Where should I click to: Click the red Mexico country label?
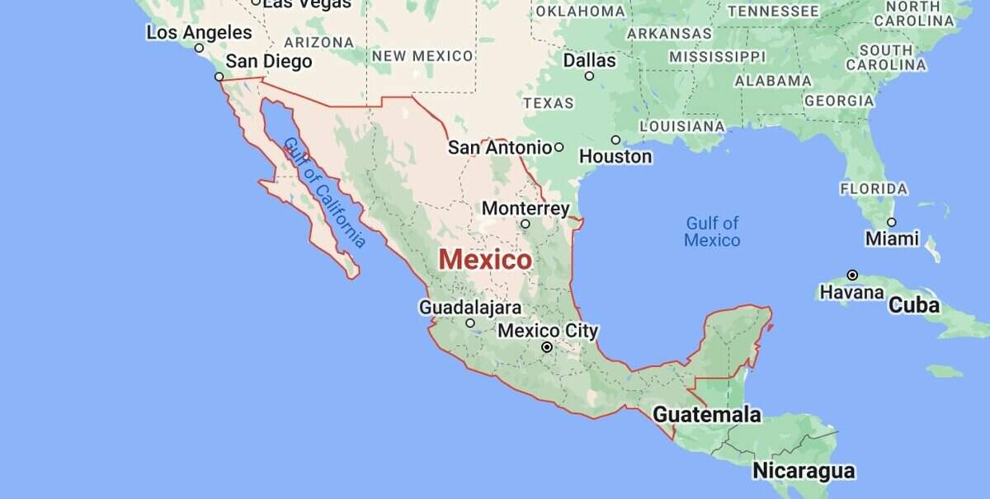point(485,259)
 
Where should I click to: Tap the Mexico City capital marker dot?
point(546,347)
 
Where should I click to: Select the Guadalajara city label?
point(470,308)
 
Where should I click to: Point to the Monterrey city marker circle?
point(526,224)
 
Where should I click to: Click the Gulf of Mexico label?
point(712,232)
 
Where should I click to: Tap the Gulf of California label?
point(324,193)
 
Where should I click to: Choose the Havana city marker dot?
point(852,275)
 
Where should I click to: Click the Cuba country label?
point(913,305)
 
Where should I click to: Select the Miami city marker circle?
point(891,222)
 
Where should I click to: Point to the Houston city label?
point(615,156)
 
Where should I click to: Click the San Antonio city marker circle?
point(559,147)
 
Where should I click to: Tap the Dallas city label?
point(589,60)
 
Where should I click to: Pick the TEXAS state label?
point(548,103)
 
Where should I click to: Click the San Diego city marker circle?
point(219,77)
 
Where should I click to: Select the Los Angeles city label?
point(199,33)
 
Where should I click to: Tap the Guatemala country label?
point(707,414)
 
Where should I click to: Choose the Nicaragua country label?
point(803,471)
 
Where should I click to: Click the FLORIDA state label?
point(874,189)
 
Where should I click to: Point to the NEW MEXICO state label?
point(422,56)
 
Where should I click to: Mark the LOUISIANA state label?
point(682,126)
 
